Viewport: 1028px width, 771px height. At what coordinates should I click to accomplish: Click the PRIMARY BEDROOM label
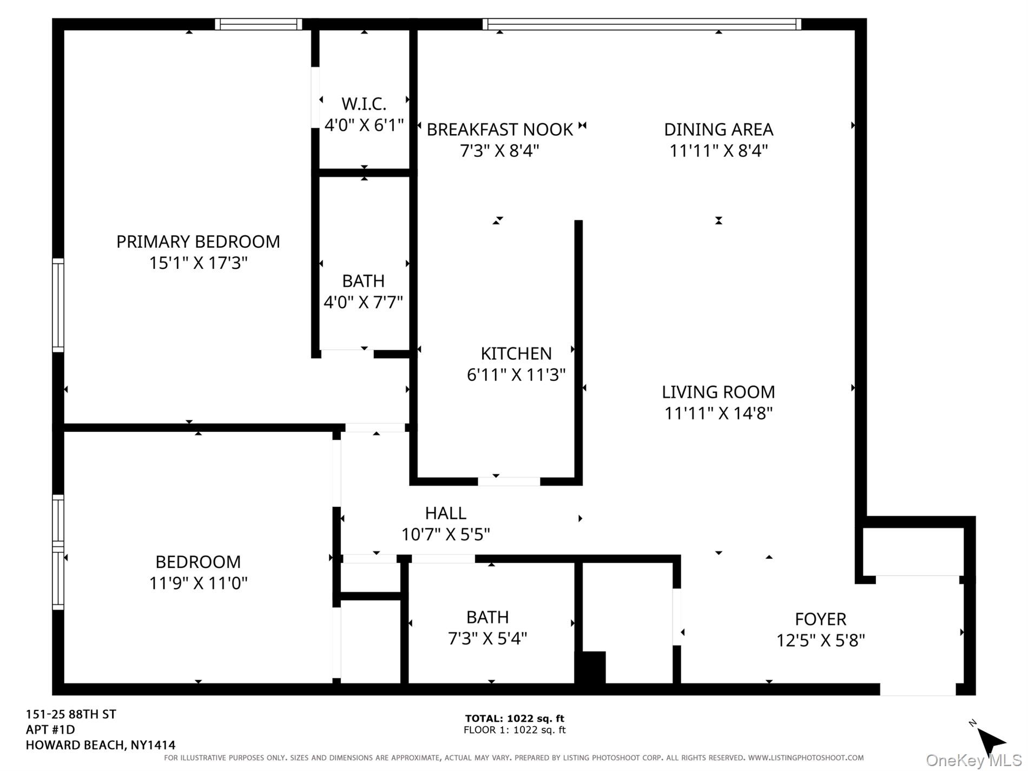point(198,241)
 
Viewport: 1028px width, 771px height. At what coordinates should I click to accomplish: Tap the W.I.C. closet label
point(364,103)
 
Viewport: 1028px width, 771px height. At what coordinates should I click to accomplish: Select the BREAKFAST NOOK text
point(499,129)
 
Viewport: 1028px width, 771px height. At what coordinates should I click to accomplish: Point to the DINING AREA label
point(718,129)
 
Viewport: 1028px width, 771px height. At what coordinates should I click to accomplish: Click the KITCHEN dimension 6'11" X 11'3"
point(516,374)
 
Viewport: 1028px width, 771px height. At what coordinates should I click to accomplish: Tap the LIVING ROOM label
point(718,392)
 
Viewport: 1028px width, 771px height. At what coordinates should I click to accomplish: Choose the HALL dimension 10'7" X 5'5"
point(445,535)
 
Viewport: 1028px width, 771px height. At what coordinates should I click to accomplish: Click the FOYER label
point(820,619)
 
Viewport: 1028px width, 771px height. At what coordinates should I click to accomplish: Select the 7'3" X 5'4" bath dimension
point(487,638)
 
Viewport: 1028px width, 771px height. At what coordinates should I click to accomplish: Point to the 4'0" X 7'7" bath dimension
point(363,302)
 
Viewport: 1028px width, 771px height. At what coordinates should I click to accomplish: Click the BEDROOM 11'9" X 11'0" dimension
point(198,583)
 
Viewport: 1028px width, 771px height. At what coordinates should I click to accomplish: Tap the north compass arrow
point(990,740)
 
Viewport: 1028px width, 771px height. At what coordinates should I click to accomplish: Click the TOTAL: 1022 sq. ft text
point(514,719)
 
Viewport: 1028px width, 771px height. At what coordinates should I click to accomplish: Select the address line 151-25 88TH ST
point(71,714)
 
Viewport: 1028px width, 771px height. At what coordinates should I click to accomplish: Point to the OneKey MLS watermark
point(973,761)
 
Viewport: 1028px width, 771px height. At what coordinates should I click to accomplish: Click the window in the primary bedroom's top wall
point(258,24)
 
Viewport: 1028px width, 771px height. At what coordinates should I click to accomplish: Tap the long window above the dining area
point(641,24)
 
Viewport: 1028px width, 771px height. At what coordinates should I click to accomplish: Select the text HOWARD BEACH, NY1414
point(101,745)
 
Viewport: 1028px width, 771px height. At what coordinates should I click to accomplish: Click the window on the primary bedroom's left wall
point(58,306)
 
